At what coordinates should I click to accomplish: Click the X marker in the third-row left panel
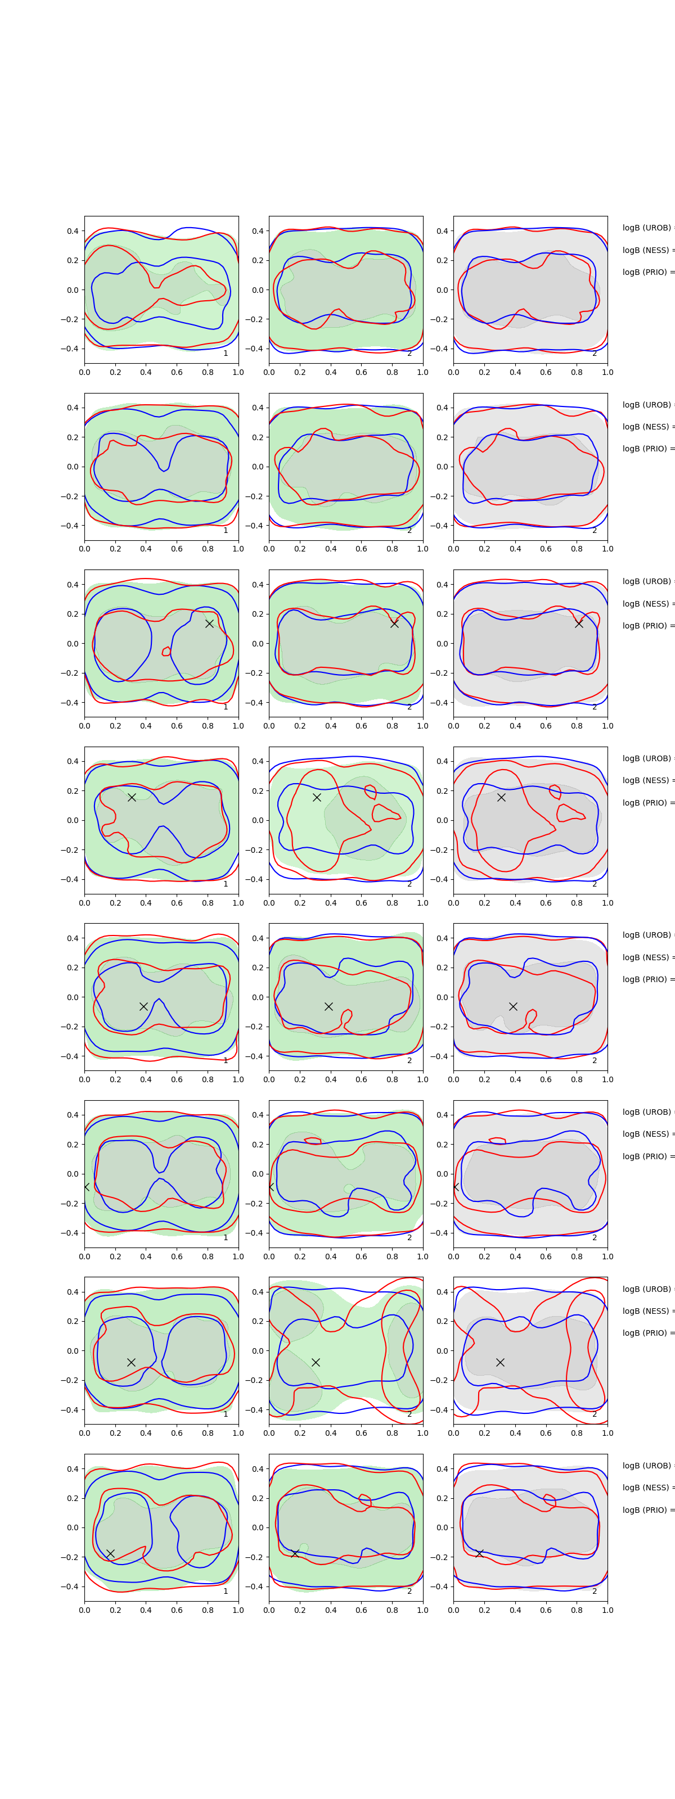click(x=209, y=623)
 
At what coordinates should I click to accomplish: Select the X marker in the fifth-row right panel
click(x=513, y=1006)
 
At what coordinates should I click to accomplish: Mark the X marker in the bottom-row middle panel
click(x=295, y=1553)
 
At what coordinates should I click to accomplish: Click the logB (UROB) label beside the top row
click(x=647, y=228)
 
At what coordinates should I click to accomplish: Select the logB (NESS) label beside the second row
click(x=647, y=427)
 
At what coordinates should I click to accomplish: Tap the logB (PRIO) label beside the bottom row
click(x=647, y=1510)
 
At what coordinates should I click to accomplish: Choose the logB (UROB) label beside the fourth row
click(x=647, y=758)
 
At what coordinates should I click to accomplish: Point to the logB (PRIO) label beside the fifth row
click(x=647, y=979)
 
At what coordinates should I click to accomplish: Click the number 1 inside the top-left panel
click(x=226, y=354)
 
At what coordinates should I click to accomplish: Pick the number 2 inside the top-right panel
click(x=595, y=354)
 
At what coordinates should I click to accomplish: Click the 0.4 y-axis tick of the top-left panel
click(x=73, y=231)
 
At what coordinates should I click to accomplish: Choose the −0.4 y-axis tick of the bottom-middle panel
click(x=255, y=1586)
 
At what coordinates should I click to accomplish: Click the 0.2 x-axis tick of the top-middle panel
click(x=300, y=372)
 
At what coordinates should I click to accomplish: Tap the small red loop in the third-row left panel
click(x=166, y=652)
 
